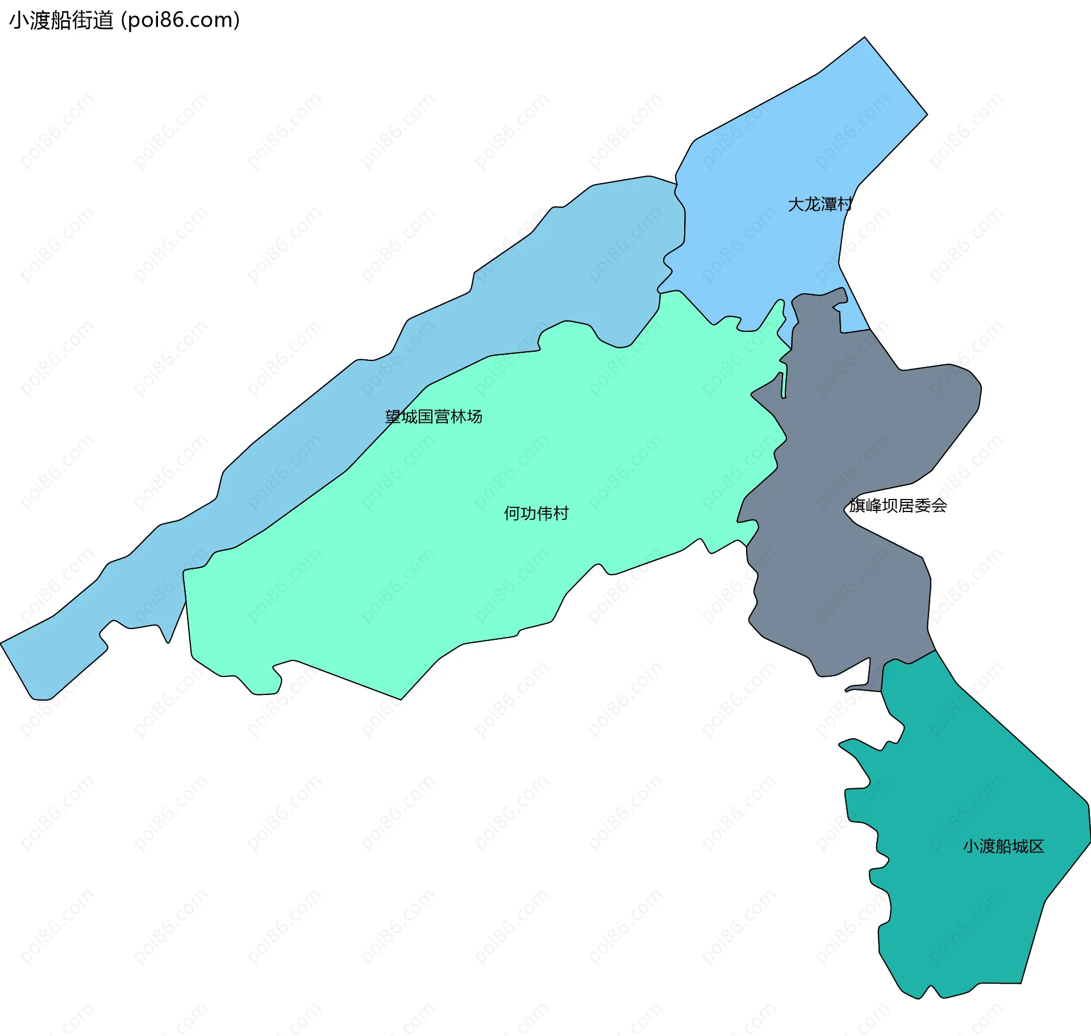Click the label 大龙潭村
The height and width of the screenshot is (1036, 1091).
click(x=819, y=205)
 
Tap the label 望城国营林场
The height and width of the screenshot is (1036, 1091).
click(x=434, y=417)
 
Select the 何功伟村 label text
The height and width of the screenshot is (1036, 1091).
click(x=536, y=513)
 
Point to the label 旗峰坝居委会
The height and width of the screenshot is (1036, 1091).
click(x=898, y=505)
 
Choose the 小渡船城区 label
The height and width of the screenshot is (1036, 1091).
click(x=1003, y=846)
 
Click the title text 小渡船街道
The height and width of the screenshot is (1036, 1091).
click(x=61, y=20)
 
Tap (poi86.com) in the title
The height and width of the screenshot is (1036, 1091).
click(x=181, y=20)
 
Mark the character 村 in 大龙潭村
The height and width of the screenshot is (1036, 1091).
click(x=844, y=205)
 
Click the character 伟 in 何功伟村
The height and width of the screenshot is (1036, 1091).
click(x=544, y=513)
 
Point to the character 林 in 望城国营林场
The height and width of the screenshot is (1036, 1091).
click(x=458, y=417)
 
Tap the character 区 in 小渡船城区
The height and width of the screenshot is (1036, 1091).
click(x=1036, y=846)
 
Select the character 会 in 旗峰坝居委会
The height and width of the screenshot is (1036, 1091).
click(x=939, y=505)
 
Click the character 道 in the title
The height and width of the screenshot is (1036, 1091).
click(x=103, y=20)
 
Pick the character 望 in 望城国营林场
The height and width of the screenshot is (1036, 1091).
click(x=393, y=417)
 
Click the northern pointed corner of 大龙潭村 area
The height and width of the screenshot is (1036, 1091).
click(x=864, y=39)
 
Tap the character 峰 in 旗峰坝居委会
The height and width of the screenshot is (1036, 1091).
click(x=873, y=505)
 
